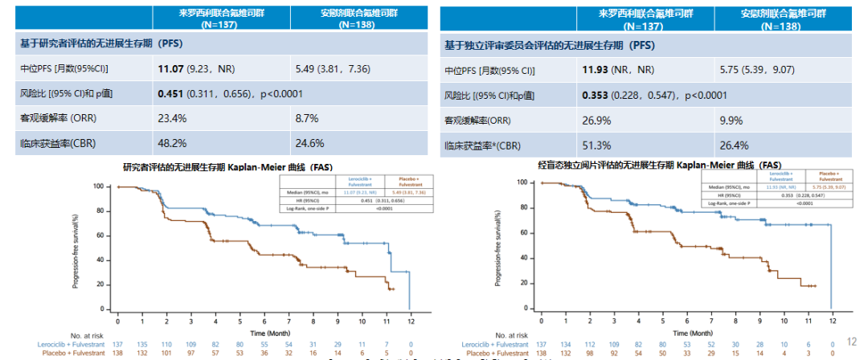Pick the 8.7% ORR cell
coord(308,118)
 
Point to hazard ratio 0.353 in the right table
coord(598,95)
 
